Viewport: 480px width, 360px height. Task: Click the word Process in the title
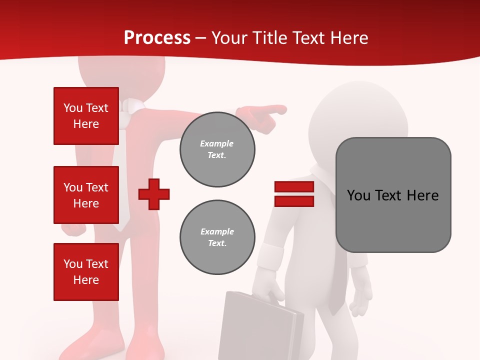point(157,37)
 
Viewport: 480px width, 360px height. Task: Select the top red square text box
point(86,116)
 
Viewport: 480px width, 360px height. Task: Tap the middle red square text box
point(86,195)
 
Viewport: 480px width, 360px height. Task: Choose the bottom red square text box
point(86,272)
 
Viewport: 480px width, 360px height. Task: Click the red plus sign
point(154,193)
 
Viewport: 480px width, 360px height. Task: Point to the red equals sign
point(294,194)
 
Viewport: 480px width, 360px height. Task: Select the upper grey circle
point(217,149)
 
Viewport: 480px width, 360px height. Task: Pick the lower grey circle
point(217,237)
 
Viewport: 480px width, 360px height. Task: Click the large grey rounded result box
point(393,195)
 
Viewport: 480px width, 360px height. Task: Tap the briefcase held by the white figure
point(260,325)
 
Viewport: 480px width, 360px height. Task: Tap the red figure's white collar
point(131,106)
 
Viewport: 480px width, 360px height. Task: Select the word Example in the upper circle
point(216,143)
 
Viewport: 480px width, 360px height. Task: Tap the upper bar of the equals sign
point(294,187)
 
